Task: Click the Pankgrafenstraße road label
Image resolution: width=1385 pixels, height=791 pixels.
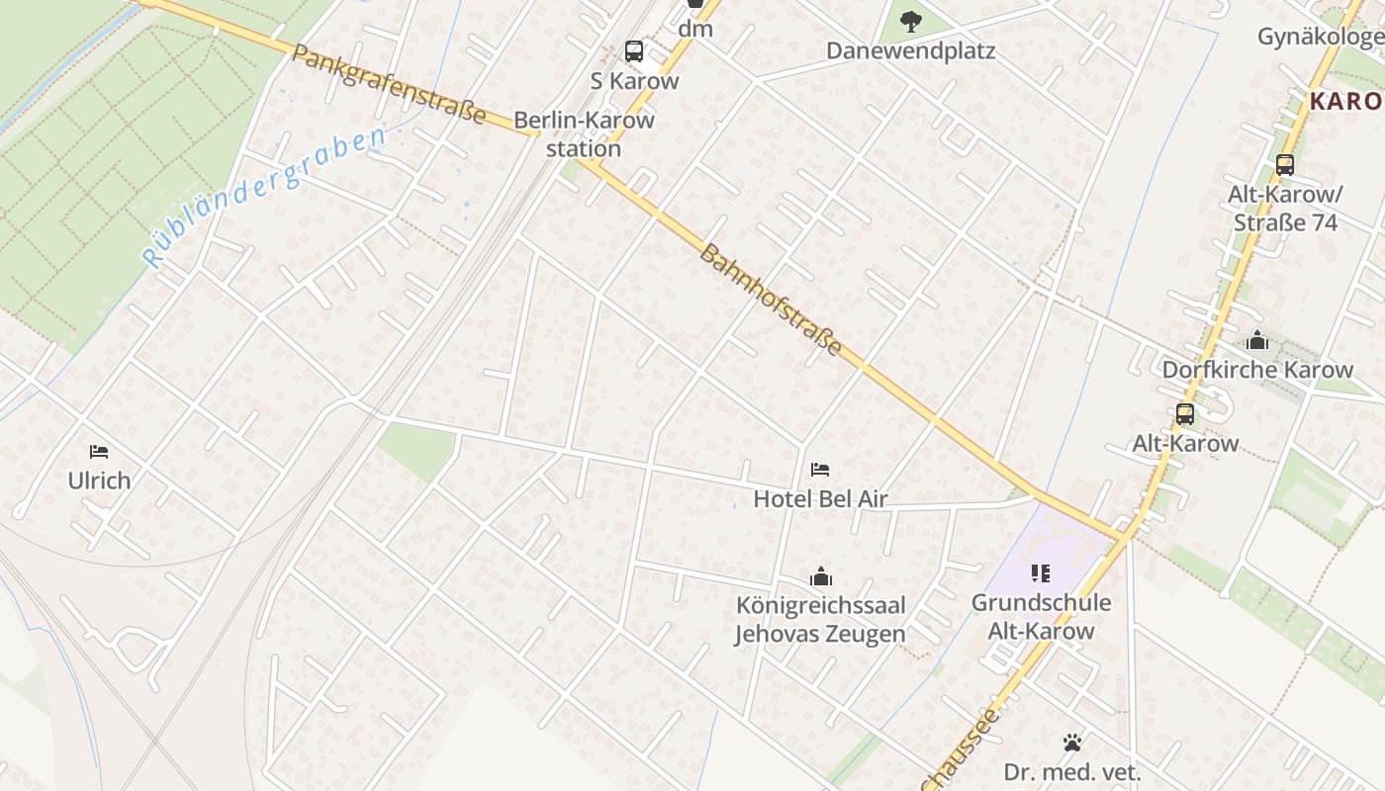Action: coord(389,84)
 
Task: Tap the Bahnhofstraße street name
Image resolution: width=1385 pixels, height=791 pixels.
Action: coord(771,300)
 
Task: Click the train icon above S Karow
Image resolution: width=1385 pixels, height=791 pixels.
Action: coord(634,51)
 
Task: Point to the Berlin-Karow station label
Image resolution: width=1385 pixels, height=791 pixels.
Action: coord(584,134)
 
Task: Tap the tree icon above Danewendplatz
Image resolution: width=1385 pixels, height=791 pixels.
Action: coord(911,20)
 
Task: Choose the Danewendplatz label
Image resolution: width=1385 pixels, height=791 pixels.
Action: coord(911,49)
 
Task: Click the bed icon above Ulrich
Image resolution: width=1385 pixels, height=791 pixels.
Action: coord(99,452)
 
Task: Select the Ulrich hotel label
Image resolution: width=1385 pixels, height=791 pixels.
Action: coord(99,481)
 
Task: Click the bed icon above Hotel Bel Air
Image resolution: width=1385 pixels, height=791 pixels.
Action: coord(820,470)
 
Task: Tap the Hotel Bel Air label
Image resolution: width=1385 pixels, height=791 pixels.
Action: coord(820,499)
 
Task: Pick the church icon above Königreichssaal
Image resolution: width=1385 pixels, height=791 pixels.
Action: coord(820,576)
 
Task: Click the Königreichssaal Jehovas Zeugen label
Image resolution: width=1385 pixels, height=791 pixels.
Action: coord(820,619)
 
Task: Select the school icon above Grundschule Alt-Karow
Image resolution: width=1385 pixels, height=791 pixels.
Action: coord(1040,572)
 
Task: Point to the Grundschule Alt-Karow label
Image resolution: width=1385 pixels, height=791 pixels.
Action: coord(1040,617)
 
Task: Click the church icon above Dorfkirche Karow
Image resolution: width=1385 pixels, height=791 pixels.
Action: coord(1257,341)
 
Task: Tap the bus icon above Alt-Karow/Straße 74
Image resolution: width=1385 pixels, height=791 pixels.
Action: coord(1285,165)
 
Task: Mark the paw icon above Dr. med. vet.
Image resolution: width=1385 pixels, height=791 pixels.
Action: coord(1072,743)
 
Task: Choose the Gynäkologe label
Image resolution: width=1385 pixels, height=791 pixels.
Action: coord(1320,37)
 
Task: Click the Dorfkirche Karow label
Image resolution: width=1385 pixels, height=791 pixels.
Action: coord(1257,370)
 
